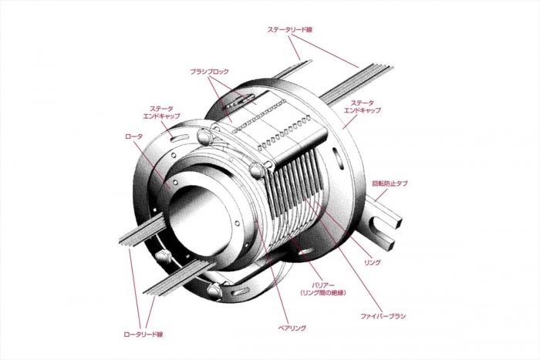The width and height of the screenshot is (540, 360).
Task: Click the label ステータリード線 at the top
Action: (289, 30)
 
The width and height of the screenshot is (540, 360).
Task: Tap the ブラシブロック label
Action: (209, 72)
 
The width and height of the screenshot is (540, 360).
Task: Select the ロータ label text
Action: (133, 136)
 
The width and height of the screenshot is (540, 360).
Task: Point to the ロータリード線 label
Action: (143, 335)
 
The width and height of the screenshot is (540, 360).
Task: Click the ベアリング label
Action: (292, 328)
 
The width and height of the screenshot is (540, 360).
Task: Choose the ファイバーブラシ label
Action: (383, 316)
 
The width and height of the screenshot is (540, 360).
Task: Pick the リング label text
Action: (373, 263)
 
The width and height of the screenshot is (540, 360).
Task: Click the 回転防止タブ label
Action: (390, 183)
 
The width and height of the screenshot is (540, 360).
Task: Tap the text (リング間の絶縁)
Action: (322, 293)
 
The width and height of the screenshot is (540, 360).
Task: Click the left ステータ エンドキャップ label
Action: (161, 113)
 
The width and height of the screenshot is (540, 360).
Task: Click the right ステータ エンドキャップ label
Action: (363, 106)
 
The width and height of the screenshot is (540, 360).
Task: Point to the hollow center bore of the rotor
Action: (198, 220)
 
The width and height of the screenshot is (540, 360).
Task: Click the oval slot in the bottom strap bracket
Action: (241, 291)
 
